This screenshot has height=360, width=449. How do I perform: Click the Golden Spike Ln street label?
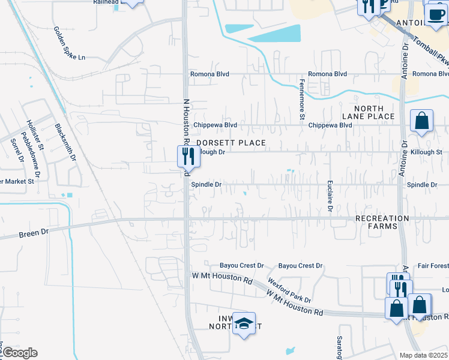click(x=70, y=43)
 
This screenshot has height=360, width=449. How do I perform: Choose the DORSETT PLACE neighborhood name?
click(x=231, y=143)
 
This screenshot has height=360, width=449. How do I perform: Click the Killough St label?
click(x=426, y=152)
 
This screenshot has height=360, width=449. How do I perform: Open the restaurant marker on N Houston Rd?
click(x=188, y=156)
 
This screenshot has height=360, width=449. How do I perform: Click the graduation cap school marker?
click(x=244, y=324)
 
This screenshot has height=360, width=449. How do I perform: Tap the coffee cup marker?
click(x=436, y=13)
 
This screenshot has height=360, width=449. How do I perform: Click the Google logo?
click(x=19, y=353)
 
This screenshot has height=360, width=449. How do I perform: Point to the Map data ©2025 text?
click(x=423, y=355)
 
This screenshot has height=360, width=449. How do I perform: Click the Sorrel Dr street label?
click(x=16, y=150)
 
